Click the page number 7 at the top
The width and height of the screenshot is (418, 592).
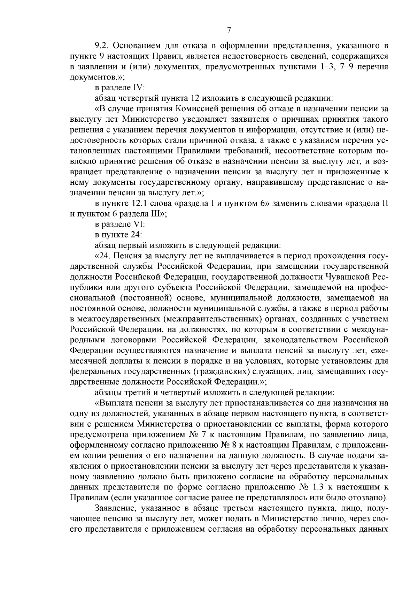229,30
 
